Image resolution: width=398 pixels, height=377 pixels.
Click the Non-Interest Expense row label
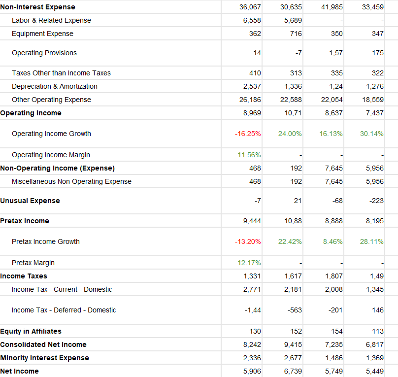[38, 7]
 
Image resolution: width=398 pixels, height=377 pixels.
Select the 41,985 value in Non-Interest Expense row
[332, 7]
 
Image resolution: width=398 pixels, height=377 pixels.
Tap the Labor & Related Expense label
[51, 20]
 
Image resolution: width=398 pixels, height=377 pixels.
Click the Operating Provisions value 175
[378, 53]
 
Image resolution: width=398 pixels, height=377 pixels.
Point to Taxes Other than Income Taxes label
[61, 73]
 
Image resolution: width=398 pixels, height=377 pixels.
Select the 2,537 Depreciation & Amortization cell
[252, 86]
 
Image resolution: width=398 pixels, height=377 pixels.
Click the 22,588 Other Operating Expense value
[291, 100]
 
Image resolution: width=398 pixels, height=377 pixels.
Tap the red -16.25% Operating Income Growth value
[248, 134]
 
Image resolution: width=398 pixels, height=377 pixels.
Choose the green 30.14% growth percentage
[372, 134]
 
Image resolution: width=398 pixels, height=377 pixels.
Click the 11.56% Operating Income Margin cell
[249, 155]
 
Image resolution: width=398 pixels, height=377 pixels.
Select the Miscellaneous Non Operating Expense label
[71, 181]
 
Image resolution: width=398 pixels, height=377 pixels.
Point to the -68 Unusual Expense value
[337, 201]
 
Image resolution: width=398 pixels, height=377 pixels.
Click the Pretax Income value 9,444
[252, 221]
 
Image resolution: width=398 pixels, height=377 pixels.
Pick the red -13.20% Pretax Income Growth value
[248, 241]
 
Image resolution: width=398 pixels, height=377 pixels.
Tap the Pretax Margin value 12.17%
[249, 263]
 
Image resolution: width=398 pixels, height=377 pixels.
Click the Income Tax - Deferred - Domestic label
[64, 310]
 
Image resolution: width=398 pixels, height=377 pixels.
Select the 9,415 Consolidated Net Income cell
[293, 344]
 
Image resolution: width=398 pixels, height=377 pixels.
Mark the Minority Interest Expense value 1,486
[334, 358]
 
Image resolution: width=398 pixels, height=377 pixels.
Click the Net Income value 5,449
[375, 371]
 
